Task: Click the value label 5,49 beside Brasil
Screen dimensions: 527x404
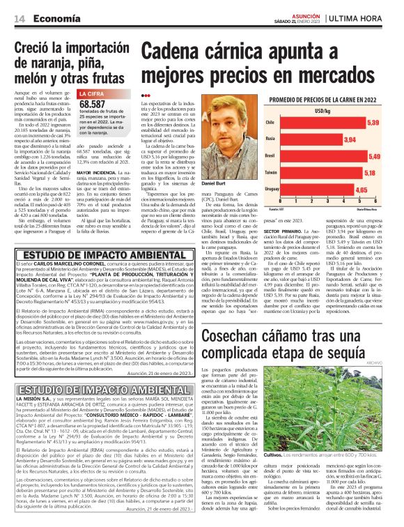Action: (373, 157)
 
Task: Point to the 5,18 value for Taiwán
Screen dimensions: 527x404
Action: (371, 173)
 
